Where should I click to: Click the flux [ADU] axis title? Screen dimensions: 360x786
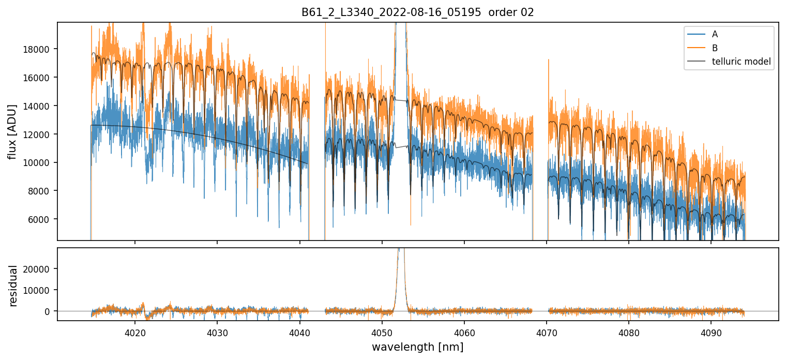12,131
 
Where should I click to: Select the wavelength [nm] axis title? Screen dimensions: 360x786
417,347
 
